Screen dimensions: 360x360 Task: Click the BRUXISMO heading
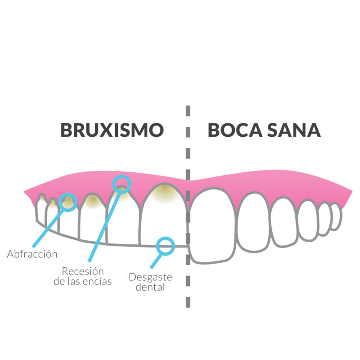coord(112,130)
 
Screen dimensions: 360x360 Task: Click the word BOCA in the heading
coord(235,130)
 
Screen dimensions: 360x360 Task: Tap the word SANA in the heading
coord(294,130)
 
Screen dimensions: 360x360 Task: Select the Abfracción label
coord(32,254)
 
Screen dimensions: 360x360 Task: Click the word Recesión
coord(83,271)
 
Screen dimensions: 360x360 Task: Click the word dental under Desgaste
coord(150,287)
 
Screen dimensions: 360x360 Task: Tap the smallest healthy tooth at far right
coord(336,216)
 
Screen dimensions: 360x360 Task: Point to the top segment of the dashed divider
coord(188,111)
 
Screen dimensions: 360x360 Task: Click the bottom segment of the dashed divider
coord(188,302)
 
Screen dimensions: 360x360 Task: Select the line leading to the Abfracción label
coord(48,229)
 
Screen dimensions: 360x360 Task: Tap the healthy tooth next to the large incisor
coord(253,222)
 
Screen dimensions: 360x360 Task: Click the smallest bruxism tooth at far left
coord(41,208)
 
